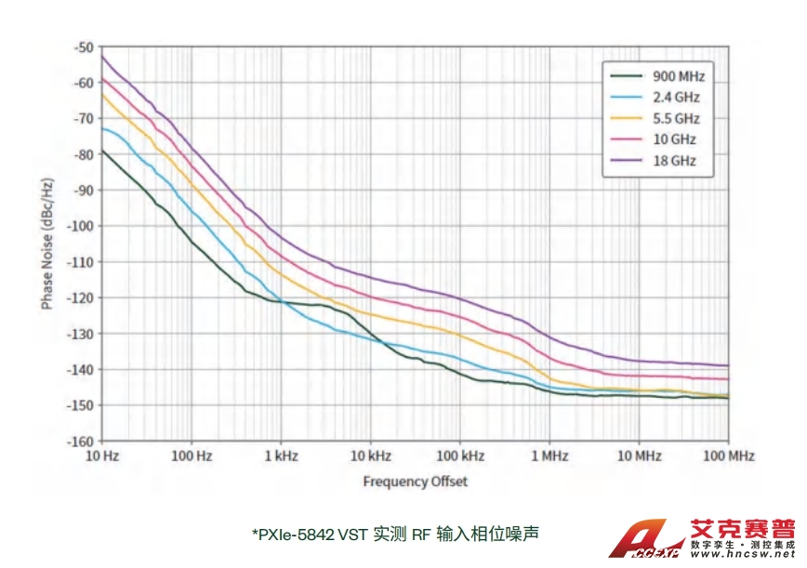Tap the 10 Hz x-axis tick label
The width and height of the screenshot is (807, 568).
coord(101,456)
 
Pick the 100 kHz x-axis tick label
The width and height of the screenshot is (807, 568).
coord(459,456)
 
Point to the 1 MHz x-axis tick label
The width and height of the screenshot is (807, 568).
coord(549,456)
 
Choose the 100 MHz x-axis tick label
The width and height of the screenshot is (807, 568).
coord(728,456)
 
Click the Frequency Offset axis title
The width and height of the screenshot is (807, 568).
coord(415,481)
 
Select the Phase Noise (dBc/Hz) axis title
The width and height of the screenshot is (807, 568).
coord(46,243)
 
